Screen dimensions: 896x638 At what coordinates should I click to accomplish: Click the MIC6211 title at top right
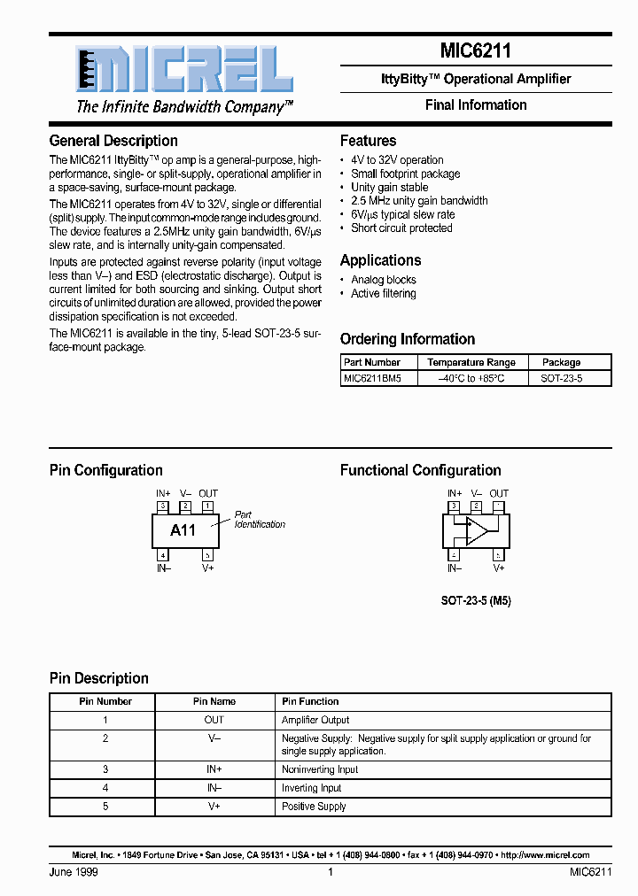coord(475,51)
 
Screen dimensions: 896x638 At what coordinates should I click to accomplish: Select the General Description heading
coord(113,141)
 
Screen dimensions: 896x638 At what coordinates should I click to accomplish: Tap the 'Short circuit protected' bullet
coord(401,228)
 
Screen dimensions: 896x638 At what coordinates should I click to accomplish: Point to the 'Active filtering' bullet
coord(383,294)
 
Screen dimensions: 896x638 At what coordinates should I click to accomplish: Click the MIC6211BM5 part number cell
coord(372,378)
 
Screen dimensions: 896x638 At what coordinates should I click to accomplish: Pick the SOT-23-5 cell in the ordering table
coord(561,378)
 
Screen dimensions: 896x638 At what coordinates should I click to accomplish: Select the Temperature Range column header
coord(471,362)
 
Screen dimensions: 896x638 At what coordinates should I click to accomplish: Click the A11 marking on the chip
coord(183,530)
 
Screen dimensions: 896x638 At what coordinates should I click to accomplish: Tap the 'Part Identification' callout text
coord(259,520)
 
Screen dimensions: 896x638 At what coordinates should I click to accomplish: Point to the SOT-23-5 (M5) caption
coord(476,600)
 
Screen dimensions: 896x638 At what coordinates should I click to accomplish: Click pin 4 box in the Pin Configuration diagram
coord(163,555)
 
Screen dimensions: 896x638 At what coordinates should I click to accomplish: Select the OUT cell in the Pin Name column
coord(214,721)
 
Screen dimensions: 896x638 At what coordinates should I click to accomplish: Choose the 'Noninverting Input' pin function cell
coord(320,770)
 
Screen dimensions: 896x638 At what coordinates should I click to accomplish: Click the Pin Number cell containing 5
coord(105,807)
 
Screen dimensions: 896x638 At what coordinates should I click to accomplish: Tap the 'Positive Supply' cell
coord(314,807)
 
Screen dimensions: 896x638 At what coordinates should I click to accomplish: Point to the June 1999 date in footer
coord(74,872)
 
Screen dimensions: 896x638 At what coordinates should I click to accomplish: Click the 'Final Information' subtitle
coord(475,105)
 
